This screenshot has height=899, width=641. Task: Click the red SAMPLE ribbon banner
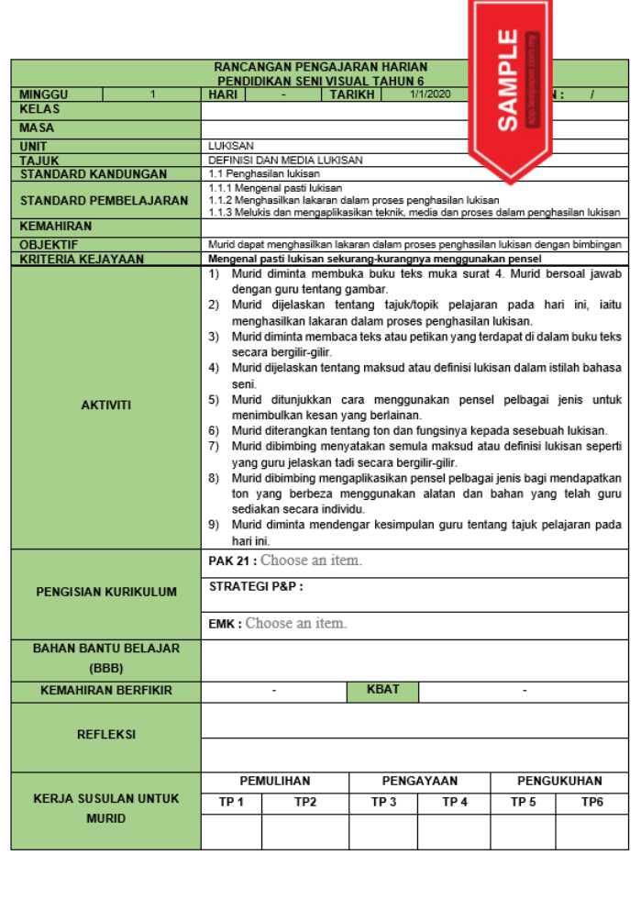(x=511, y=83)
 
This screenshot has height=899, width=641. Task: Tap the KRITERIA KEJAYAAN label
(x=83, y=259)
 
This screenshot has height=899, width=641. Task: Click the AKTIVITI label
(x=105, y=405)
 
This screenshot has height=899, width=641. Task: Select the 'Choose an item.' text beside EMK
(x=296, y=624)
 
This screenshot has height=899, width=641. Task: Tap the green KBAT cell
(x=382, y=689)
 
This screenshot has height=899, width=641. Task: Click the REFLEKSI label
(x=105, y=735)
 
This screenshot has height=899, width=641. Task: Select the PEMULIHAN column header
(x=275, y=781)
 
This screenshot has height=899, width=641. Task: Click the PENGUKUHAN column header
(x=559, y=781)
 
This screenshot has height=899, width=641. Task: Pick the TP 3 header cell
(x=383, y=802)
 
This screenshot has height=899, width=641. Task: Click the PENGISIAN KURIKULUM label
(x=105, y=592)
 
